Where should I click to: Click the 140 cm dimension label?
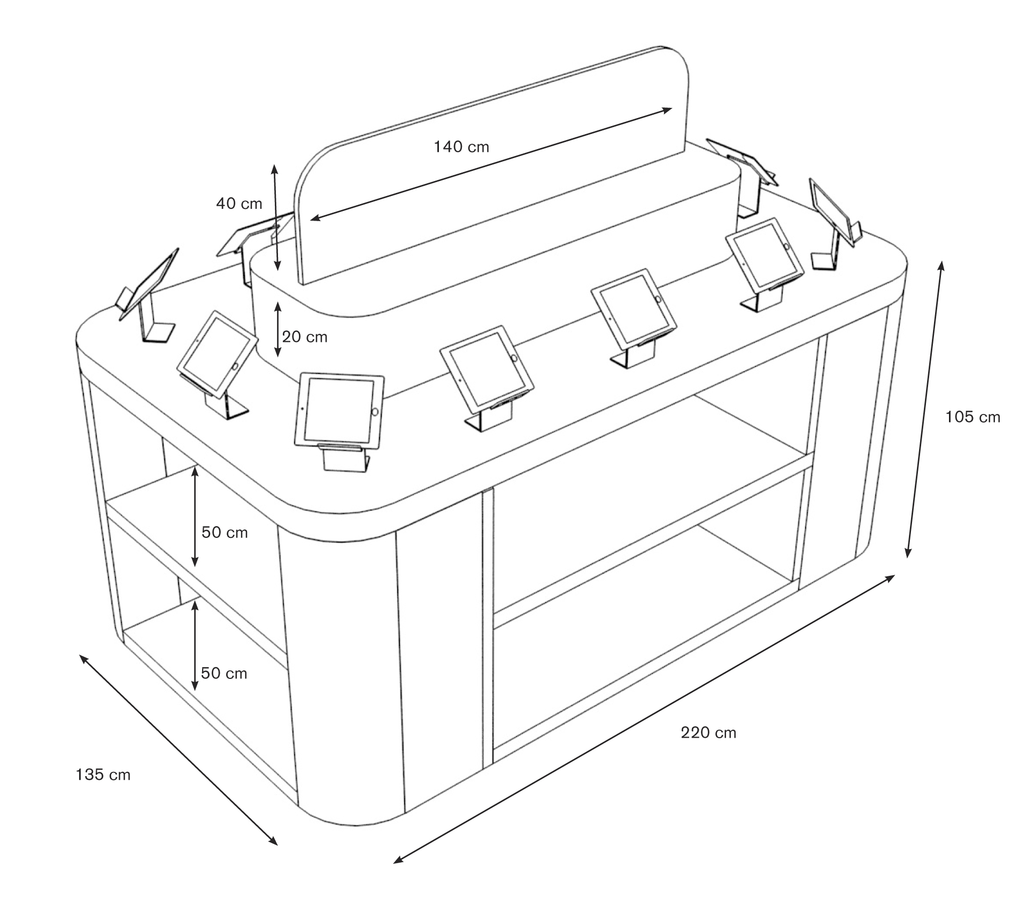tap(461, 146)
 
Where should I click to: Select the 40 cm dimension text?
tap(239, 204)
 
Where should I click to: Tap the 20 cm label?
tap(305, 337)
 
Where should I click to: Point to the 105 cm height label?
tap(972, 417)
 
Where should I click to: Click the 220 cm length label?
tap(708, 732)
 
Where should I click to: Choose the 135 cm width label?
tap(103, 775)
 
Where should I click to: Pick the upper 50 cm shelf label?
tap(225, 532)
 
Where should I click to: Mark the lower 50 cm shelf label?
tap(224, 673)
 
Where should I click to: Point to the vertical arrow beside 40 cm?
tap(275, 217)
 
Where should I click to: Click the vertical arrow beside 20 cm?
tap(277, 329)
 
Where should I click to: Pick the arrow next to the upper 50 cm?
tap(195, 517)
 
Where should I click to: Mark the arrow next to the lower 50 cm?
tap(195, 645)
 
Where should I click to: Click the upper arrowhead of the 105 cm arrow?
tap(941, 265)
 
